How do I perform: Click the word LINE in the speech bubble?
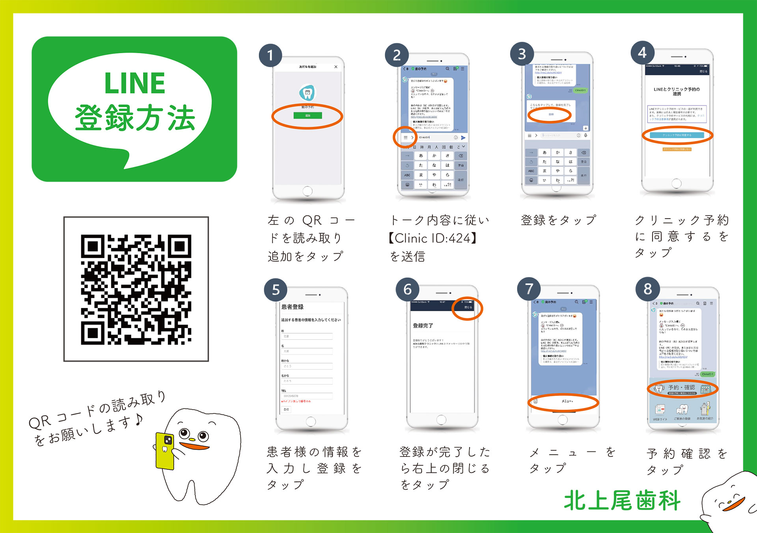point(134,83)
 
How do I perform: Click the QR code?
point(136,289)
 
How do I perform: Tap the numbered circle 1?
point(270,55)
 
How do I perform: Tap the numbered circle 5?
point(276,290)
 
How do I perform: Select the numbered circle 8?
point(647,289)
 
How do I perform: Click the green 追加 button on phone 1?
point(308,115)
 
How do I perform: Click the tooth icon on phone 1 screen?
point(307,93)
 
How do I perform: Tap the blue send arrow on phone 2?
point(463,137)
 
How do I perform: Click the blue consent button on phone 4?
point(677,135)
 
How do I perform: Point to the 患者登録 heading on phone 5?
point(292,306)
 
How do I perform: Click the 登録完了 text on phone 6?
point(423,325)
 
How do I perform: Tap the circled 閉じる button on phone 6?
point(468,307)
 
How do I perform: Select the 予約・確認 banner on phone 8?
point(682,388)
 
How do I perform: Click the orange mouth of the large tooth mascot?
point(195,446)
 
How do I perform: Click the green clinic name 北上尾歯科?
point(622,501)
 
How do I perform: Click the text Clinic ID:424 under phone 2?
point(433,238)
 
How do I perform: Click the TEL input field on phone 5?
point(307,396)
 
